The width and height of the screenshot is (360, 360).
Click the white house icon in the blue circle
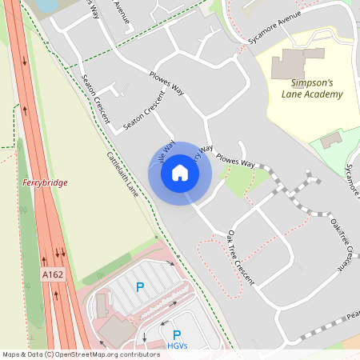[x=180, y=173]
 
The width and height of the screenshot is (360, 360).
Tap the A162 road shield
[x=52, y=274]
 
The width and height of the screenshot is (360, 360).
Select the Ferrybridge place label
[x=45, y=182]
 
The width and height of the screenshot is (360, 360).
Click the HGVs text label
[x=178, y=346]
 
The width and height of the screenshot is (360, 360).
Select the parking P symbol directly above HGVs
[x=177, y=334]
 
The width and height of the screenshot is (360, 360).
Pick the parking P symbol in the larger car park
[x=140, y=286]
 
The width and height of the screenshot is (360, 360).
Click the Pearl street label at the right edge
[x=353, y=317]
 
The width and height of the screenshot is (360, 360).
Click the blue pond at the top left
[x=46, y=5]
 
